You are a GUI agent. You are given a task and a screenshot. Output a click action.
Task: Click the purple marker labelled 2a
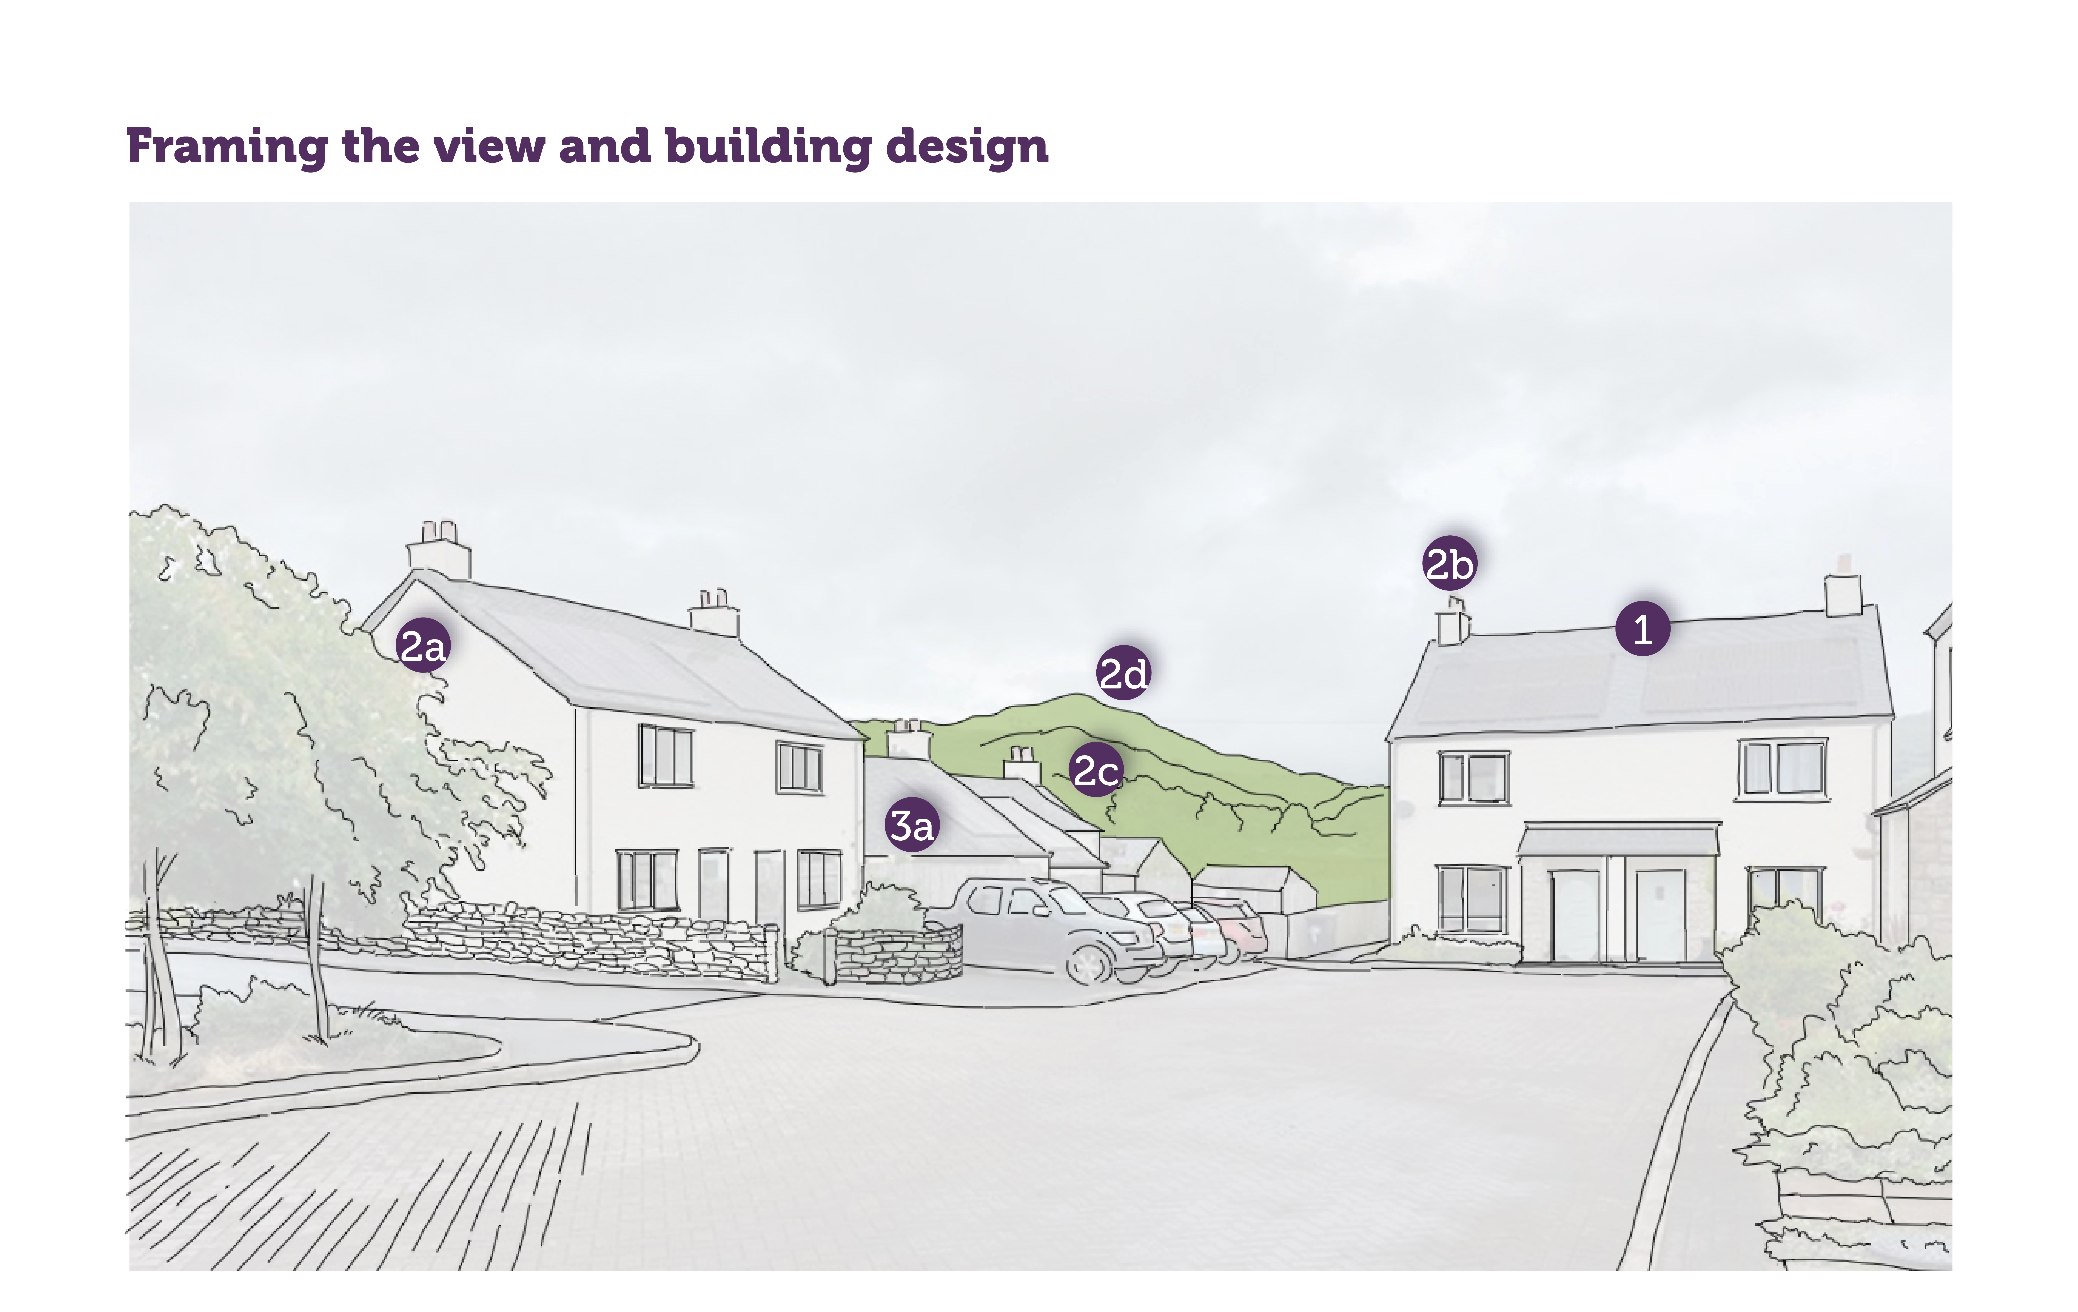[423, 645]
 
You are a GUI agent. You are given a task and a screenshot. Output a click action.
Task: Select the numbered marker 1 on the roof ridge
[1642, 629]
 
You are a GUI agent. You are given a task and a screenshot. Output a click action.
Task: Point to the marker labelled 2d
[1124, 673]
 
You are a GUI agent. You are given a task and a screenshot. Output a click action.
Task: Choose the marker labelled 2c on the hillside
[1096, 769]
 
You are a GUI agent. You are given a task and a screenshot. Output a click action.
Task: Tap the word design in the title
[967, 147]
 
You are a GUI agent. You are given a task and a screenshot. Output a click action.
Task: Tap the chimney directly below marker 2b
[1453, 622]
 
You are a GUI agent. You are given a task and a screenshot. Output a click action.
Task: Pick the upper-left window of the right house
[1474, 778]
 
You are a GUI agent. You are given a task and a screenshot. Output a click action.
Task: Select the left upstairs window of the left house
[665, 756]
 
